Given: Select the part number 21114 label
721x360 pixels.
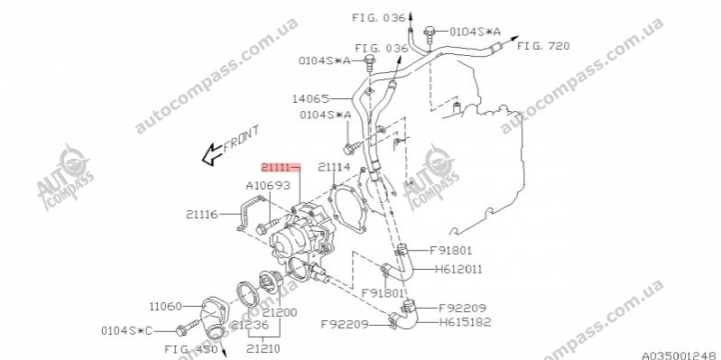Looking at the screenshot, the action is click(334, 167).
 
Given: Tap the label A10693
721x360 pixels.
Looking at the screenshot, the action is click(268, 186).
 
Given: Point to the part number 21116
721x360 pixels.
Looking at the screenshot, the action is click(202, 214).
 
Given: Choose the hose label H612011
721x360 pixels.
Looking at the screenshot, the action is click(458, 269).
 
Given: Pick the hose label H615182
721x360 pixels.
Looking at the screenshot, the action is click(465, 322).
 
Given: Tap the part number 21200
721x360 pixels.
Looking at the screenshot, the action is click(280, 313).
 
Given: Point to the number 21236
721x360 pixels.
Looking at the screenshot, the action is click(250, 325).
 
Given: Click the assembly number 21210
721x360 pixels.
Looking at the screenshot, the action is click(263, 348).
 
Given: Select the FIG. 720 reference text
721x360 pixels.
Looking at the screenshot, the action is click(543, 46).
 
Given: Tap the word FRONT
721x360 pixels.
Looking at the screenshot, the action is click(241, 139).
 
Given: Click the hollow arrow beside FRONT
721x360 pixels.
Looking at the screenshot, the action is click(212, 154).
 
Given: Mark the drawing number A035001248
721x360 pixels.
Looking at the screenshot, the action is click(681, 355).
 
